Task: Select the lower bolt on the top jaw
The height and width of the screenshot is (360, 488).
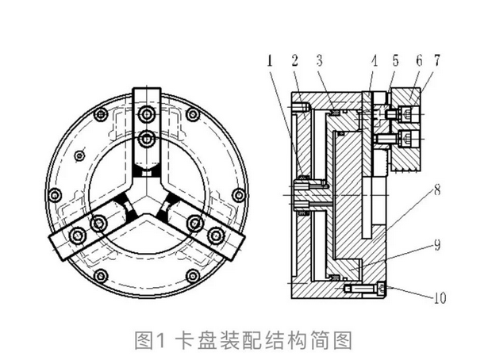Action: coord(148,140)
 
